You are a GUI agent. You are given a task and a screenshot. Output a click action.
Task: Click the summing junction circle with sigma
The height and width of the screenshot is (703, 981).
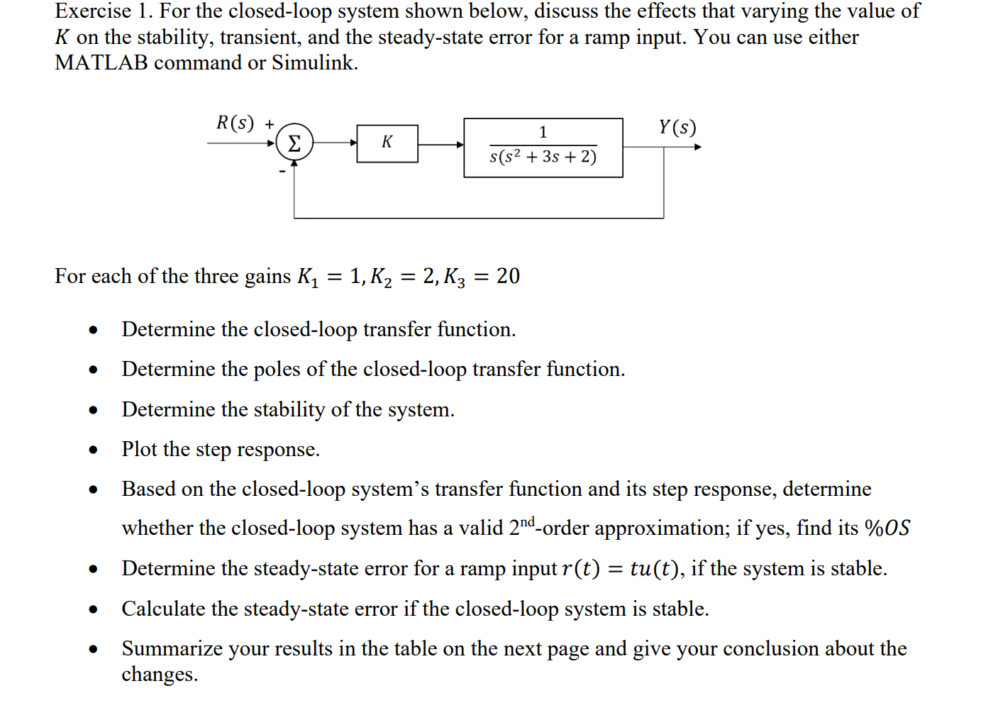294,143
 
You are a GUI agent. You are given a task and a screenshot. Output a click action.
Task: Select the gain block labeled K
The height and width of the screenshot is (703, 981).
387,143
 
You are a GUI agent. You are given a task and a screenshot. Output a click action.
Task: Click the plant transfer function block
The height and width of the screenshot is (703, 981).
543,148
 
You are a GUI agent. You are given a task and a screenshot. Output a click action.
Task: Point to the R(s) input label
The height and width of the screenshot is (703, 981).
235,123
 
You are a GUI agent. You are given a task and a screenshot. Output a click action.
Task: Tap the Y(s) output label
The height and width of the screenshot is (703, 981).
677,128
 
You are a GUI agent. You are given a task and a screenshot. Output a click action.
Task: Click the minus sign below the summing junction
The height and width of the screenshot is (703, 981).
282,171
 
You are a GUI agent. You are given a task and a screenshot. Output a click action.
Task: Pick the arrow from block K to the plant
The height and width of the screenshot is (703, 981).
440,145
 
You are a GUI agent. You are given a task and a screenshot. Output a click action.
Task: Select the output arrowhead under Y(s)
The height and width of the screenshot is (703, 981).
698,147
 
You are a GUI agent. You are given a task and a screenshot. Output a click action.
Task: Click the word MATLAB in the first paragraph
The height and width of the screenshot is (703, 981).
101,63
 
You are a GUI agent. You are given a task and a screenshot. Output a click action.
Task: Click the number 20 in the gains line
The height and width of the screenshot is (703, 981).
508,276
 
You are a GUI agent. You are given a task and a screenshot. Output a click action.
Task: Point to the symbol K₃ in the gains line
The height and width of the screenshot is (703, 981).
455,277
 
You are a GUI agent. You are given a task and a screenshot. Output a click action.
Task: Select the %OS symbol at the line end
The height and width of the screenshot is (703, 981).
887,528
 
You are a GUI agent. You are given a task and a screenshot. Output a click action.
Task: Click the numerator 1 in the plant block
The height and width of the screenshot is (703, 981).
543,132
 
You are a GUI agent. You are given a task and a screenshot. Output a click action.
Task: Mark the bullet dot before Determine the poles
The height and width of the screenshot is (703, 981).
93,370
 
